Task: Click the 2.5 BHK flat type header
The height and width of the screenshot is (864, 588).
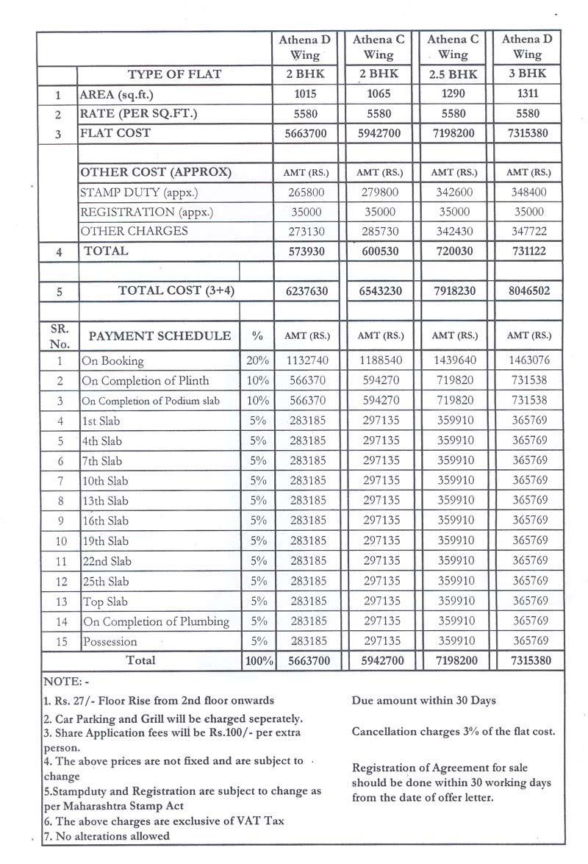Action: pyautogui.click(x=452, y=74)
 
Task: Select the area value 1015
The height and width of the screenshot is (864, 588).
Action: pyautogui.click(x=304, y=94)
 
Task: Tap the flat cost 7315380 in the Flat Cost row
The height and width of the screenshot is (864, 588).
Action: pyautogui.click(x=527, y=133)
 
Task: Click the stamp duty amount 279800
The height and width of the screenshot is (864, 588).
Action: pyautogui.click(x=379, y=192)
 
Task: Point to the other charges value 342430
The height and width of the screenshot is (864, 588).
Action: pyautogui.click(x=452, y=231)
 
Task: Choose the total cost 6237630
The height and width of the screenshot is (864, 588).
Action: pyautogui.click(x=304, y=290)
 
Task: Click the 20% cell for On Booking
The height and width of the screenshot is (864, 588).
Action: pyautogui.click(x=257, y=361)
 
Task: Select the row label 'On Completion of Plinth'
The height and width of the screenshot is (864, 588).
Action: pyautogui.click(x=146, y=381)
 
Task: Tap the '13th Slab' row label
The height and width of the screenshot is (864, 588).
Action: pyautogui.click(x=105, y=501)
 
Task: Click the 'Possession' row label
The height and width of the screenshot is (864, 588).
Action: pyautogui.click(x=110, y=641)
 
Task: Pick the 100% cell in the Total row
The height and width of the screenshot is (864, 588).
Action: pyautogui.click(x=259, y=660)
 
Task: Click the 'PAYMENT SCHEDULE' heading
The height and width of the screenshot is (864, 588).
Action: pyautogui.click(x=159, y=336)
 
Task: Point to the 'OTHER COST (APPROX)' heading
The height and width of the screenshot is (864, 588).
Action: pyautogui.click(x=156, y=172)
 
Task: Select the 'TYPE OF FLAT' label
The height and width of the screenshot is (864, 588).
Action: pyautogui.click(x=174, y=74)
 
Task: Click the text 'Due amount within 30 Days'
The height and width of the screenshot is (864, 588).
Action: pyautogui.click(x=423, y=700)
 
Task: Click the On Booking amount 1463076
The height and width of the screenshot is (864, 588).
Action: pyautogui.click(x=527, y=361)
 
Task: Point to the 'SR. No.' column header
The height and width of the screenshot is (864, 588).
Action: pyautogui.click(x=59, y=336)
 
